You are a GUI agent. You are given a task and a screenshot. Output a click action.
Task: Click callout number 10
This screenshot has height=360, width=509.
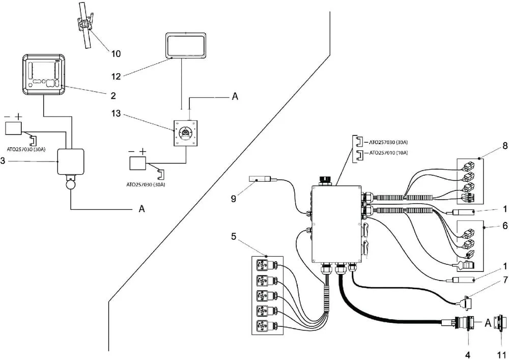point(116,53)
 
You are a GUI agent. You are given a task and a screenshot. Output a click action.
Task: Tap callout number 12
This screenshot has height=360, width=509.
point(116,76)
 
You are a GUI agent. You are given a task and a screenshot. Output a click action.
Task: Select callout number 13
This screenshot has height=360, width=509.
point(116,114)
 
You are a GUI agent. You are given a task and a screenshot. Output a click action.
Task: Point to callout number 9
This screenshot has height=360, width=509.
point(234,199)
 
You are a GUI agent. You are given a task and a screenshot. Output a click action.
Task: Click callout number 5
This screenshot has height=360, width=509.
point(234,237)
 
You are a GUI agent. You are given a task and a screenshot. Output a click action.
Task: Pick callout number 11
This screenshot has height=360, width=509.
point(502,355)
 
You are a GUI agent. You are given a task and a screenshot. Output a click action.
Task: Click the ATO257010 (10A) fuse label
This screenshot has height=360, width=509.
point(388,153)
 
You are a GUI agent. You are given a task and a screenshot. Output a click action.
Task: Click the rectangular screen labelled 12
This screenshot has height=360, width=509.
point(186,45)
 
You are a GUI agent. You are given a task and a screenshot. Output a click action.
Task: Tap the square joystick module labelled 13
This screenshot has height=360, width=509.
point(186,133)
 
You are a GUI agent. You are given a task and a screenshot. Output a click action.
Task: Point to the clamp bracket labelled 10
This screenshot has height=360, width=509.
point(84,24)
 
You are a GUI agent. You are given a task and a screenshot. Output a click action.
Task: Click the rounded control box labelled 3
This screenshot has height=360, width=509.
point(70,161)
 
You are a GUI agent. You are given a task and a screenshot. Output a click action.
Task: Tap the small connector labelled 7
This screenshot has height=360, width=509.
point(466,301)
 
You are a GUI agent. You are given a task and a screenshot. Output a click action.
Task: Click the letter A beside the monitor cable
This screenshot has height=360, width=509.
point(142,209)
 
